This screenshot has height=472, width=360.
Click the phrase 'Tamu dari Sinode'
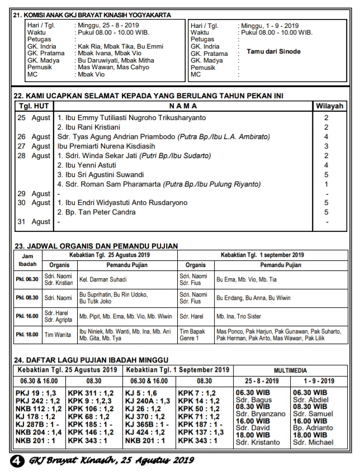(273, 51)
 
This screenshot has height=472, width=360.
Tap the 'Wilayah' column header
(326, 106)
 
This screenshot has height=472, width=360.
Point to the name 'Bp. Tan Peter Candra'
(93, 212)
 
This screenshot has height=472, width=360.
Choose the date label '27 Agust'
(34, 146)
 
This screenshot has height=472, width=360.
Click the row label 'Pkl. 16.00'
(27, 316)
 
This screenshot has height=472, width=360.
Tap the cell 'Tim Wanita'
(58, 335)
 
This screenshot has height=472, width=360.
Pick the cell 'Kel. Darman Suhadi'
(103, 279)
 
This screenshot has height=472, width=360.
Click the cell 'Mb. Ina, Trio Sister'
(239, 316)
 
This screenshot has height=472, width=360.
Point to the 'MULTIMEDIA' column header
(296, 370)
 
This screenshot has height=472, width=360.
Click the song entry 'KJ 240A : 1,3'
(148, 401)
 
